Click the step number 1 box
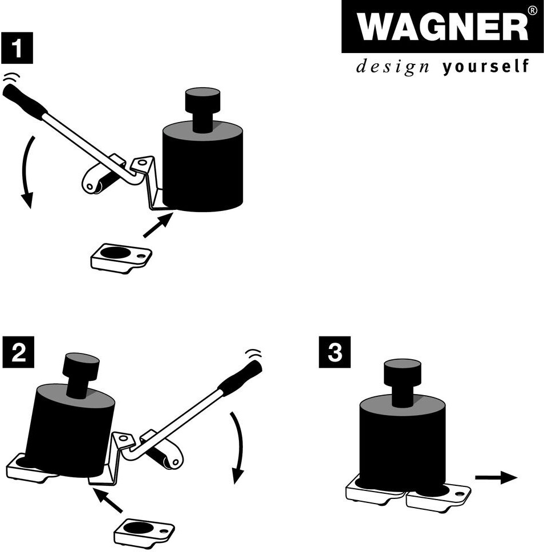point(17,48)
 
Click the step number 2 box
point(18,352)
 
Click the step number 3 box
point(335,352)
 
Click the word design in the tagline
point(392,67)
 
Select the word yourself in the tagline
point(485,66)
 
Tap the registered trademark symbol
point(533,11)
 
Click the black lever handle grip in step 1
point(24,101)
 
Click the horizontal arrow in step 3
point(496,477)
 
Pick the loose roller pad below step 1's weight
point(121,258)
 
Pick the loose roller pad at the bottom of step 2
point(144,533)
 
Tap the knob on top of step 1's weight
point(202,109)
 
